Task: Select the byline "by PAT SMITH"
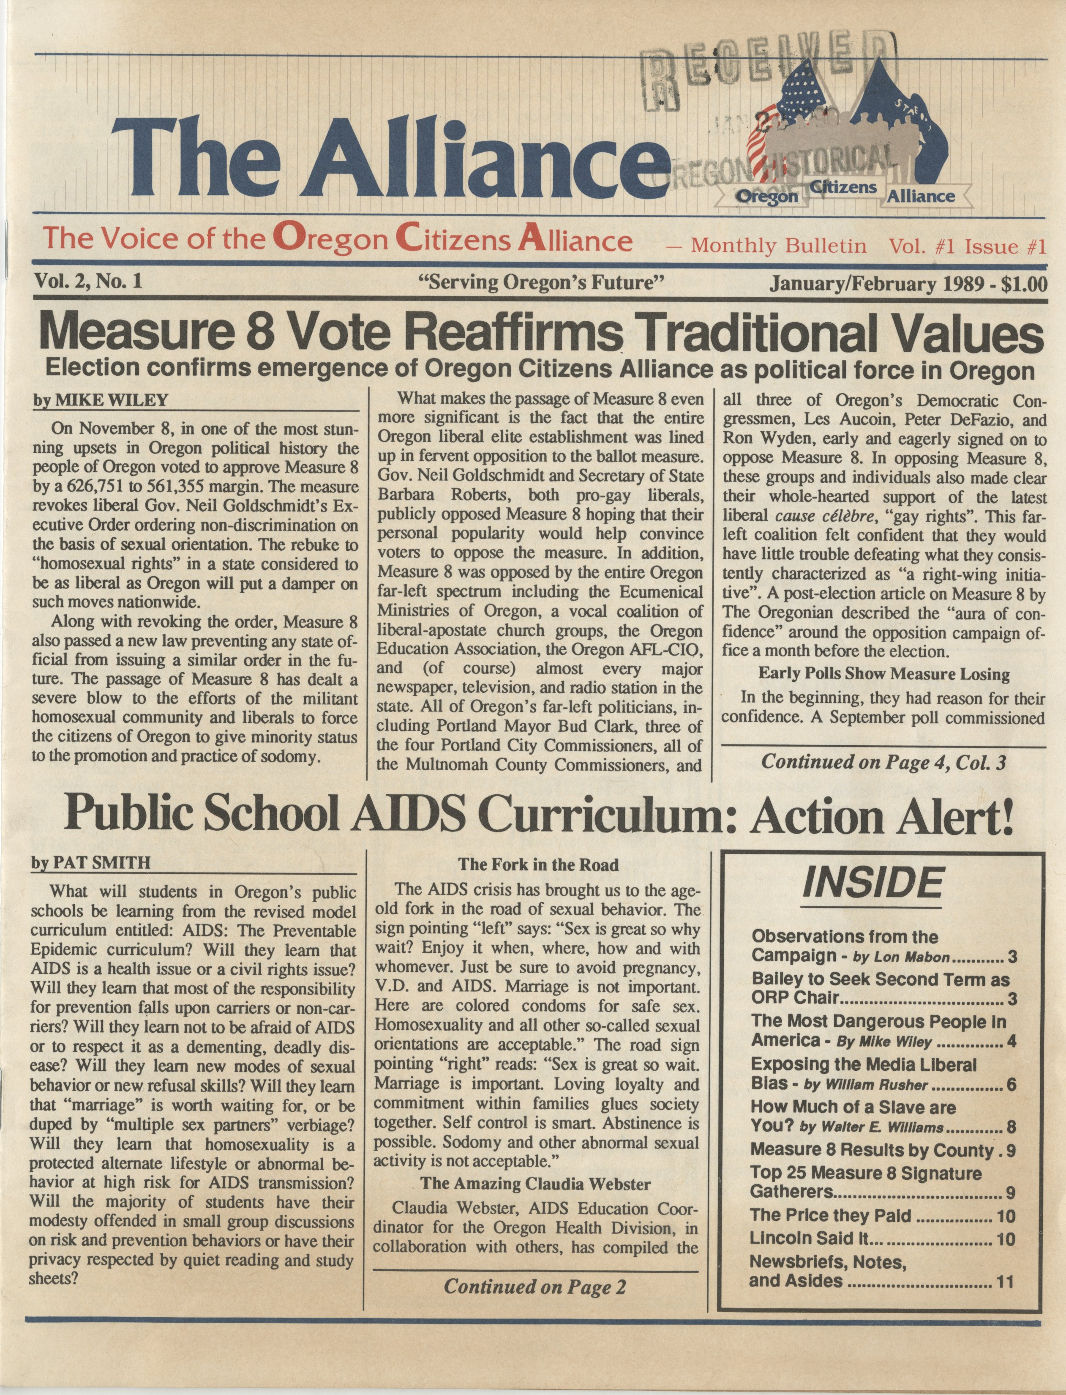tap(91, 863)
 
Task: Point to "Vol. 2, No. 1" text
tap(87, 281)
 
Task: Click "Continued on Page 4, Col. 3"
tap(883, 762)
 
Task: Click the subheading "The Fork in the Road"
tap(538, 864)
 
